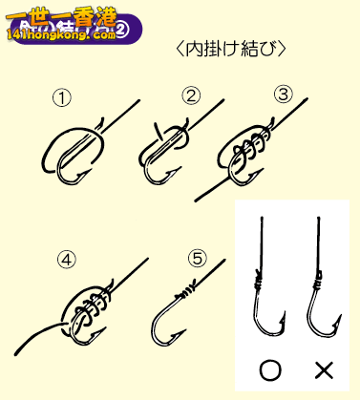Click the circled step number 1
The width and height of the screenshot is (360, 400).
coord(60,97)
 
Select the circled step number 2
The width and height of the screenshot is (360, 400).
coord(192,95)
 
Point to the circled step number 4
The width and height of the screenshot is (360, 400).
coord(66,258)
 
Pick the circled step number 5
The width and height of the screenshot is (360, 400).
coord(197,258)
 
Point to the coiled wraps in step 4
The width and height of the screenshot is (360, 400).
coord(86,307)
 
